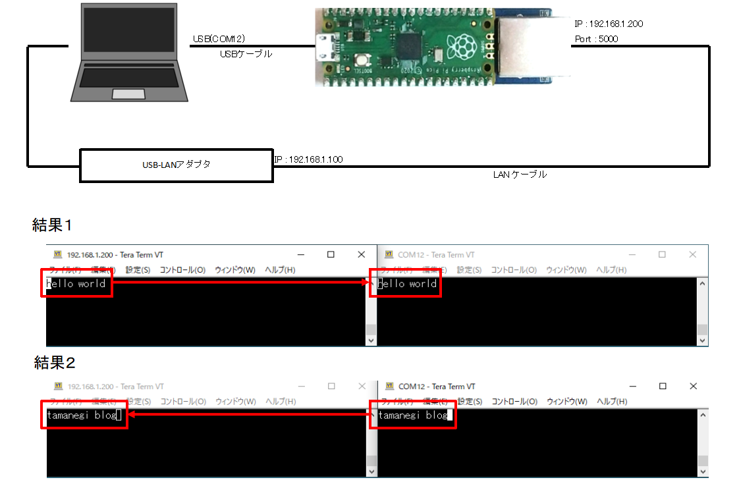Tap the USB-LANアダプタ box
tap(176, 165)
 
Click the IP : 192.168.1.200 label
tap(608, 24)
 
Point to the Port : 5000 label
tap(596, 39)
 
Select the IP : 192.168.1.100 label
tap(308, 159)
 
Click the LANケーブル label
tap(520, 175)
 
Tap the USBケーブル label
tap(246, 55)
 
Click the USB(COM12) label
tap(219, 40)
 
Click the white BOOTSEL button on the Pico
tap(362, 60)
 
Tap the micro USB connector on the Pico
tap(324, 47)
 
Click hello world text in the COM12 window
tap(407, 284)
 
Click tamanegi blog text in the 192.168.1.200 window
tap(82, 415)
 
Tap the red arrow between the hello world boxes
tap(240, 282)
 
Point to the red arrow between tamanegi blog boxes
tap(248, 415)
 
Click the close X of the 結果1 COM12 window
tap(692, 254)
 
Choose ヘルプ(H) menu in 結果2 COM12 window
tap(612, 402)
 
